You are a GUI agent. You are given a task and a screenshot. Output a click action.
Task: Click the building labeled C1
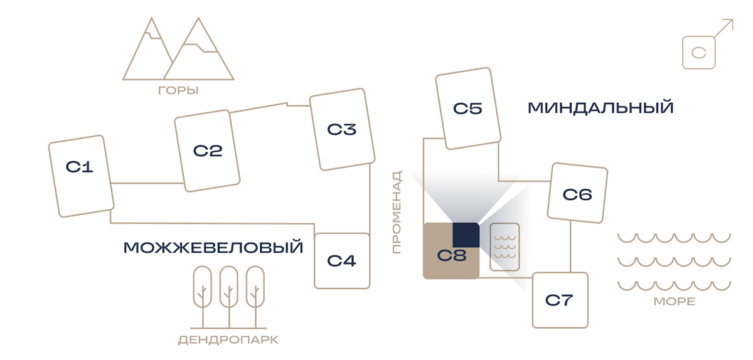click(82, 176)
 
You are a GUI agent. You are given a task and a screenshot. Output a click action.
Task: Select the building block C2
click(208, 151)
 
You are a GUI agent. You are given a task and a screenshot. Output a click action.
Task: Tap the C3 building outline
click(342, 129)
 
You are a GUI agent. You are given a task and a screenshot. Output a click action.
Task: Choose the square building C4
click(342, 261)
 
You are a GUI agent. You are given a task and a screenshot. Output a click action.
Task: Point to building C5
click(468, 109)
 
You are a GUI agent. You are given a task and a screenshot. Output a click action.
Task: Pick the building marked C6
click(577, 193)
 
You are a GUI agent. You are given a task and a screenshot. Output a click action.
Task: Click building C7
click(560, 300)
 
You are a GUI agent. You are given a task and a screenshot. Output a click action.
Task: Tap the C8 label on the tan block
click(452, 255)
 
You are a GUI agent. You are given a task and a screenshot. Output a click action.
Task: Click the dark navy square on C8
click(466, 235)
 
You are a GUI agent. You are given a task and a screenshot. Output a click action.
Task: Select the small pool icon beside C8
click(505, 247)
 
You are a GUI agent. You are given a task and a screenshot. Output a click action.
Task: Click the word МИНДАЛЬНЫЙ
click(601, 108)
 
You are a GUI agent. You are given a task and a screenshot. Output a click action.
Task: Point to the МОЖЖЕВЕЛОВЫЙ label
click(213, 248)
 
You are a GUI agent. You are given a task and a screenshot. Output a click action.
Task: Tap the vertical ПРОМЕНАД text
click(397, 212)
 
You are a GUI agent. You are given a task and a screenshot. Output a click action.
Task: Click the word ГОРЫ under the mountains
click(178, 90)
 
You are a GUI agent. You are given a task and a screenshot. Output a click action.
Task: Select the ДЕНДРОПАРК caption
click(228, 340)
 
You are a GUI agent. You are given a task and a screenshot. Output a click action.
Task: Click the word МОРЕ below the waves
click(675, 302)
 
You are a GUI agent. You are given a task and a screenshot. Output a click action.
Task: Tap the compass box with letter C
click(699, 53)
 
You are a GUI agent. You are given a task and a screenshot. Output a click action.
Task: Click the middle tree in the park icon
click(229, 297)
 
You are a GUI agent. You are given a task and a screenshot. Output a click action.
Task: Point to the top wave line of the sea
click(675, 238)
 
